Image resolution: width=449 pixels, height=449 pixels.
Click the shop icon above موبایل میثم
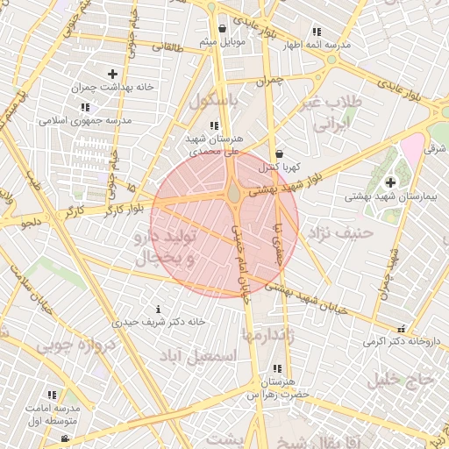point(222,28)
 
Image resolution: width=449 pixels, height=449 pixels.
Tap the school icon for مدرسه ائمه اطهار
point(317,32)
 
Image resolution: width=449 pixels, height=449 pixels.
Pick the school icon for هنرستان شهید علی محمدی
point(215,125)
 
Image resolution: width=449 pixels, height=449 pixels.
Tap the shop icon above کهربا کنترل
point(279,153)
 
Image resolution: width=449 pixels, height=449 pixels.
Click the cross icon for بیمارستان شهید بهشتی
point(389,182)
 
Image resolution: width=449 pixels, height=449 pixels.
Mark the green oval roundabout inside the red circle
point(234,192)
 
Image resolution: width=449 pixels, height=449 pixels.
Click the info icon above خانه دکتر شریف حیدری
point(158,309)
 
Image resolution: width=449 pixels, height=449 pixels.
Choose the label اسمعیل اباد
point(199,355)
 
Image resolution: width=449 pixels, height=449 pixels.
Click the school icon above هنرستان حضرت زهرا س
point(277,368)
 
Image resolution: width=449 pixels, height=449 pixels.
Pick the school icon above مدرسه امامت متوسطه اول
point(51,396)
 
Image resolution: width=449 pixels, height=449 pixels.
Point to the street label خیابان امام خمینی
point(241,263)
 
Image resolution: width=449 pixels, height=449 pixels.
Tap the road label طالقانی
point(167,48)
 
